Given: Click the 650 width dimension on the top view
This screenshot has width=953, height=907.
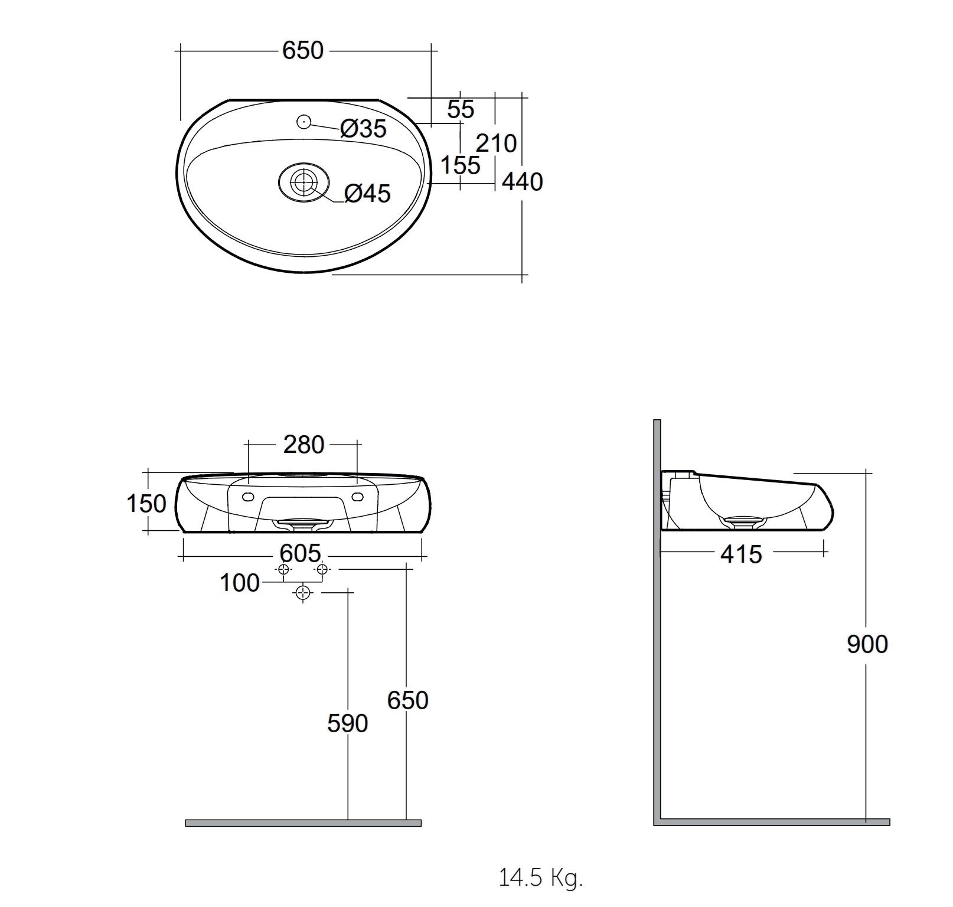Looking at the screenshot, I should [303, 51].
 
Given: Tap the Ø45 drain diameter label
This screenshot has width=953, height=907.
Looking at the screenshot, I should [367, 193].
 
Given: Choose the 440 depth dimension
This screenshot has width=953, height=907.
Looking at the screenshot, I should [522, 182].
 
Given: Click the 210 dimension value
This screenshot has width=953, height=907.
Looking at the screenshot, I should [496, 143].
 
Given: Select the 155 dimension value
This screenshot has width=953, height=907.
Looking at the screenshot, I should [461, 165].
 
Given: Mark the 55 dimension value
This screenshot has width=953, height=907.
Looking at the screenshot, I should [461, 109].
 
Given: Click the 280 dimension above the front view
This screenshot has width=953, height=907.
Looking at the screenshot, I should [303, 445].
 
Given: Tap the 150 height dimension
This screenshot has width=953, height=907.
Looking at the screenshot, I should [146, 504].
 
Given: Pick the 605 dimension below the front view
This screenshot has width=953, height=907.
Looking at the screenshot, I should [300, 554].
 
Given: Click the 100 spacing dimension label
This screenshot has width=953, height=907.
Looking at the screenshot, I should [239, 583].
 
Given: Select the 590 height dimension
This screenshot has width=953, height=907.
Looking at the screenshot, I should [347, 723].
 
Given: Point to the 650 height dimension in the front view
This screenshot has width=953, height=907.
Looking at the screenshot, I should [407, 700].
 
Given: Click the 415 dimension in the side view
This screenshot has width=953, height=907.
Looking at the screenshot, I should [741, 554].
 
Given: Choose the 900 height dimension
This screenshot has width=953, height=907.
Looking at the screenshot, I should [867, 644].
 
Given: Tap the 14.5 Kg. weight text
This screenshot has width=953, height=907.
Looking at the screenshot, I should [541, 878].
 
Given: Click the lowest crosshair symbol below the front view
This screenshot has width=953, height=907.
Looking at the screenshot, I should [303, 593].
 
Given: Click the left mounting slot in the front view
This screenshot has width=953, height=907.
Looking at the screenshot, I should [247, 497].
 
